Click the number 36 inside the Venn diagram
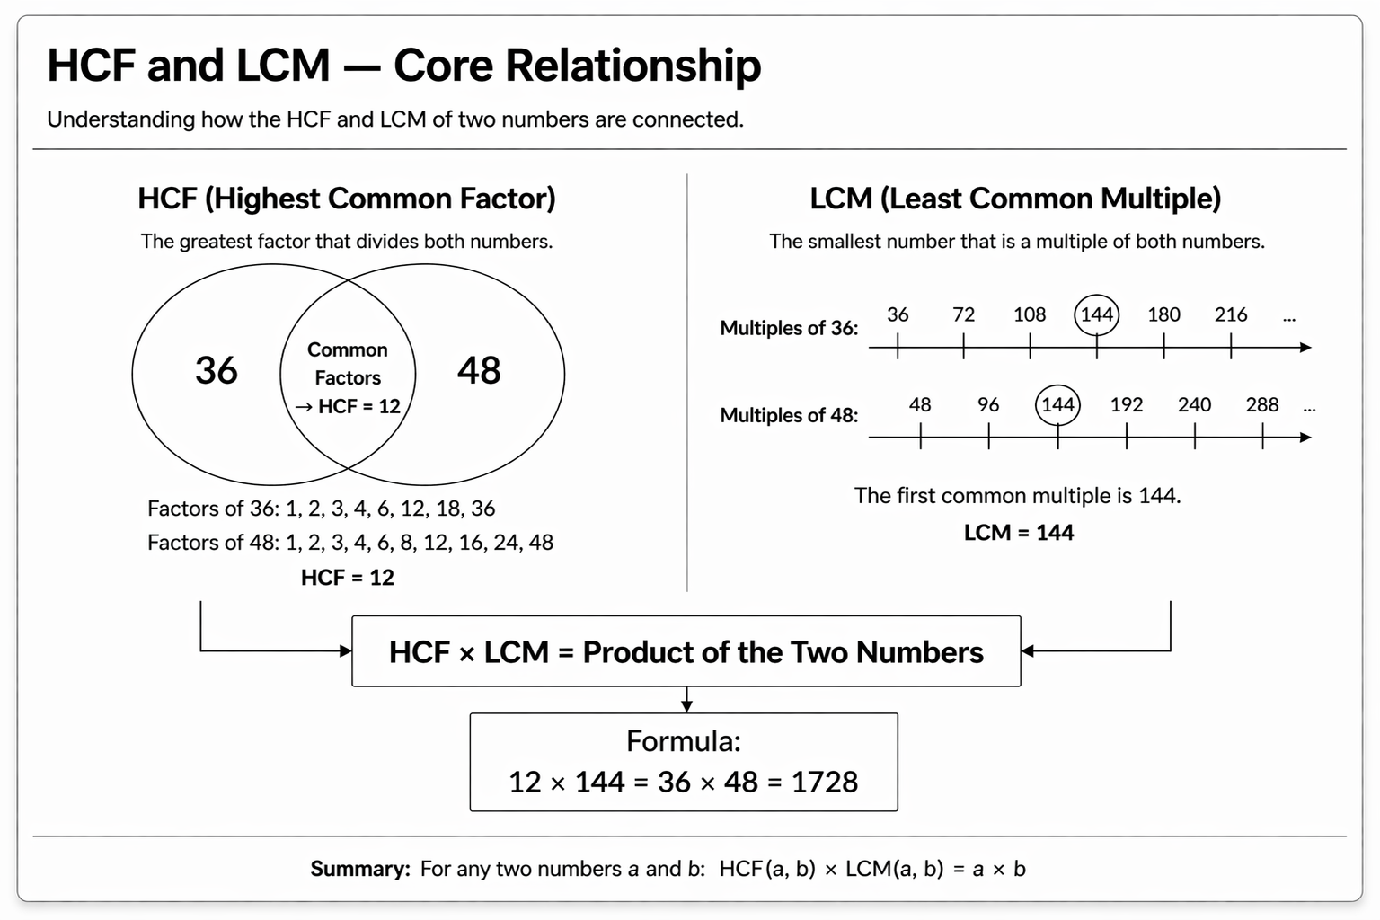(x=217, y=370)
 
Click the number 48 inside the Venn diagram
(x=479, y=370)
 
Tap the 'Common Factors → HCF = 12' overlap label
(x=348, y=378)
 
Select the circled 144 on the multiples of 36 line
(x=1097, y=314)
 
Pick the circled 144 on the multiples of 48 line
(x=1057, y=404)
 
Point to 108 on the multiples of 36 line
(x=1030, y=314)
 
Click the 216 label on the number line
(x=1231, y=314)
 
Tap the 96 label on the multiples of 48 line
(x=988, y=404)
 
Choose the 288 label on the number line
(x=1262, y=404)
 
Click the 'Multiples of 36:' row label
(x=789, y=328)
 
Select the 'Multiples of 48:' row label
(x=789, y=415)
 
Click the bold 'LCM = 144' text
(x=1019, y=533)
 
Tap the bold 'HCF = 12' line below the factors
(x=348, y=578)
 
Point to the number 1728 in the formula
(x=825, y=782)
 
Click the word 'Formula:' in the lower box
(x=684, y=741)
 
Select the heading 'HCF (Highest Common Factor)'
(x=347, y=199)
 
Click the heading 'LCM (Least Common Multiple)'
(x=1015, y=199)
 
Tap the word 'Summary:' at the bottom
(x=360, y=869)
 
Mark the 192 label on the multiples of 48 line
(x=1127, y=404)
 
